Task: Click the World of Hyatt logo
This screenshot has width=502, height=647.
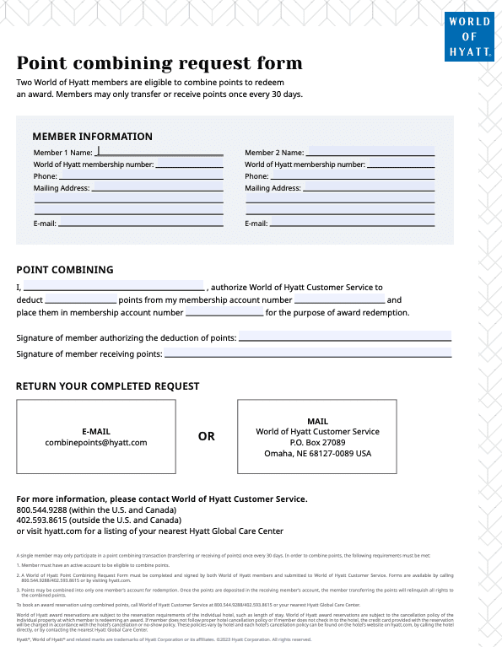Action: click(x=469, y=37)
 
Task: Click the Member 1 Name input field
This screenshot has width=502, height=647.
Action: click(x=160, y=152)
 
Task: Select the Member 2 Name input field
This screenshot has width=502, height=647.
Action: click(x=370, y=152)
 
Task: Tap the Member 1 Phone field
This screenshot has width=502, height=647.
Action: click(x=141, y=176)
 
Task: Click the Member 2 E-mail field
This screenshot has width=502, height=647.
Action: click(x=352, y=223)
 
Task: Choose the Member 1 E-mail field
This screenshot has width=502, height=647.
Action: click(x=141, y=223)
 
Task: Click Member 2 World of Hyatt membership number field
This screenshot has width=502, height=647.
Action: click(x=401, y=164)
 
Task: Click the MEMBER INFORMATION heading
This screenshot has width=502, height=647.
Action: click(x=92, y=137)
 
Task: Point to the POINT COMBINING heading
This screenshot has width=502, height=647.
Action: click(x=65, y=270)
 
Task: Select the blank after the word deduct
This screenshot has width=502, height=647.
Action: click(x=81, y=299)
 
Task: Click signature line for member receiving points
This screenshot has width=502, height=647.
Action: click(x=308, y=353)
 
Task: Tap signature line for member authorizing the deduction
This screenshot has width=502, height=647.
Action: click(x=345, y=337)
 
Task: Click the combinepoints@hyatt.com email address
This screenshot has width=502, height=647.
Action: click(x=96, y=443)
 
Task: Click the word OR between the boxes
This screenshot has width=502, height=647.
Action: click(x=207, y=436)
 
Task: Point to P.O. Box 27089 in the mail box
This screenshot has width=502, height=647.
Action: click(x=317, y=442)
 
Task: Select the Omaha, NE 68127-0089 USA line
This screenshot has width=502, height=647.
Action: click(x=317, y=453)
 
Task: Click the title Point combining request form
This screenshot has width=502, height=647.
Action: click(x=159, y=64)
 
